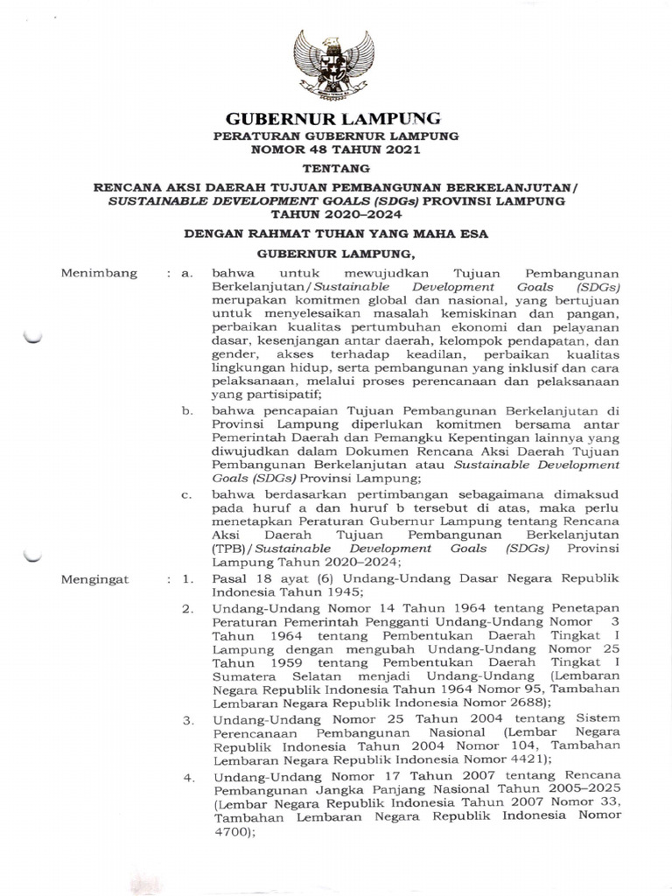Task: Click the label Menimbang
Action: click(100, 274)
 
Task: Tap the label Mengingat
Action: click(96, 579)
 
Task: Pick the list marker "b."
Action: click(185, 409)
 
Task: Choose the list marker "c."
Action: click(185, 494)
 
